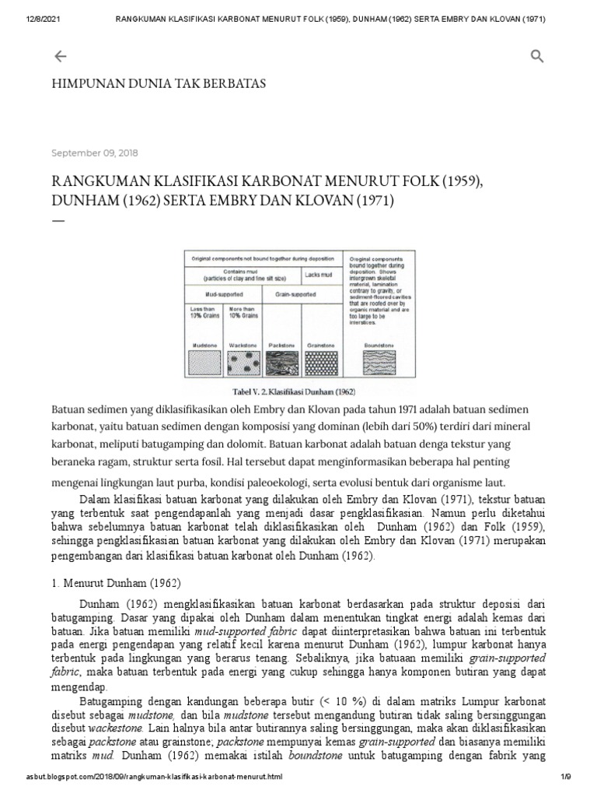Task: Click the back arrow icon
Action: coord(60,56)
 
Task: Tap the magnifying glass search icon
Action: coord(537,56)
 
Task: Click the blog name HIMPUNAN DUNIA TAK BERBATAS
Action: coord(158,84)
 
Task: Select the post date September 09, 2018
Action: coord(95,153)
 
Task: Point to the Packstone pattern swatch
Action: coord(281,363)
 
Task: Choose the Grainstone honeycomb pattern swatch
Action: coord(319,363)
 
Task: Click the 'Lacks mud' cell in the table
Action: coord(319,275)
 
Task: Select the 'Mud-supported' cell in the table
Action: coord(223,295)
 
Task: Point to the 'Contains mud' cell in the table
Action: coord(243,272)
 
